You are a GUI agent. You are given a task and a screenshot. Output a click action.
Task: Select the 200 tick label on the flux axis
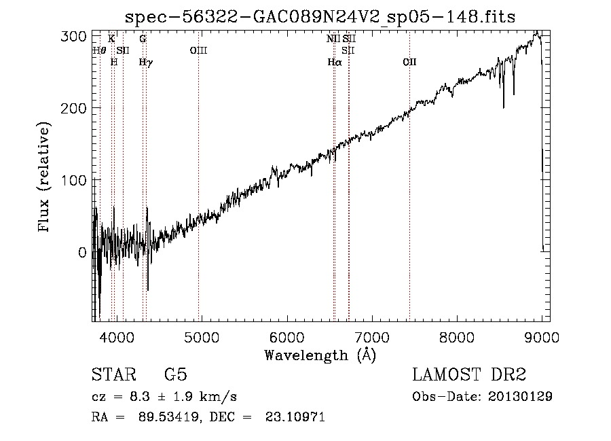(77, 108)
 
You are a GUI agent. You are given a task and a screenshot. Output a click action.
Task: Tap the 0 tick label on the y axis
(82, 252)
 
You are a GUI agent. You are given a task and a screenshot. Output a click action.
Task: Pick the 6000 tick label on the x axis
(286, 336)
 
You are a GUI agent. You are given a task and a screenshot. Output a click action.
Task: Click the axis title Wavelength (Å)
(320, 355)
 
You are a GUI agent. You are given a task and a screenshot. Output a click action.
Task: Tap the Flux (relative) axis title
(45, 178)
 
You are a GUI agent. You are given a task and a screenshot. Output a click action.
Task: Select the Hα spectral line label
(335, 62)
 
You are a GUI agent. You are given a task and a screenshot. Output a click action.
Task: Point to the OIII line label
(198, 50)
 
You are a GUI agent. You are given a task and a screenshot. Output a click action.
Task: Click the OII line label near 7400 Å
(409, 62)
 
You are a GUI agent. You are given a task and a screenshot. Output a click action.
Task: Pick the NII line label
(333, 39)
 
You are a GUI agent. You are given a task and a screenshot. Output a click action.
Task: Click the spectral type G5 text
(175, 375)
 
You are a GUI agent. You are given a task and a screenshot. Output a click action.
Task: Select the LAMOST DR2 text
(469, 375)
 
